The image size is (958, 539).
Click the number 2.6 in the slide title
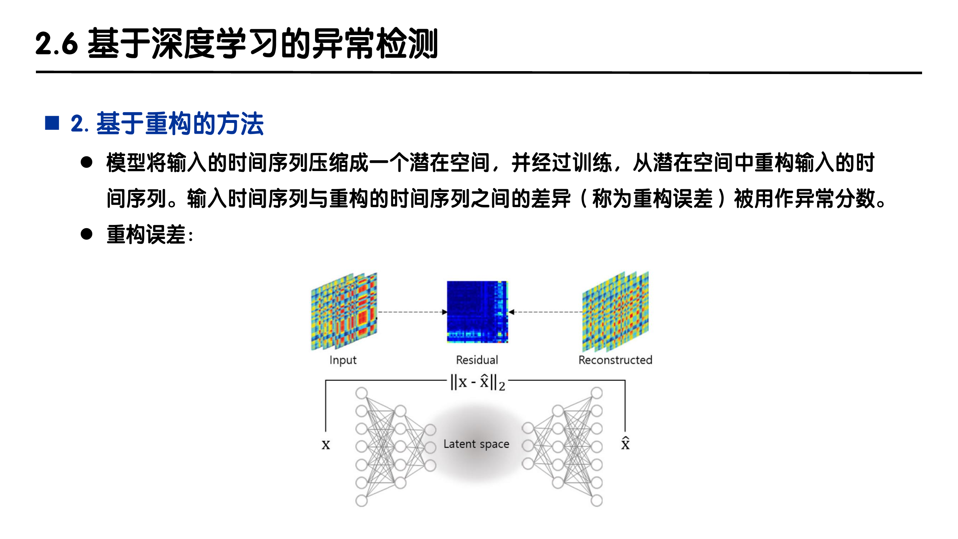(x=56, y=44)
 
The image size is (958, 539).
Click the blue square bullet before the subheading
(x=52, y=123)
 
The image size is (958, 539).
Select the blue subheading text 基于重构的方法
(x=180, y=124)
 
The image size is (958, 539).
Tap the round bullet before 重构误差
(x=87, y=234)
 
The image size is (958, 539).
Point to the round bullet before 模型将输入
(x=87, y=162)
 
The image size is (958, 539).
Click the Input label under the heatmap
(x=343, y=360)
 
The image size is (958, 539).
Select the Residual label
(x=477, y=360)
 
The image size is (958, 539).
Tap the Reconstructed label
(x=615, y=360)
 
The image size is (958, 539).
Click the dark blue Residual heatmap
(x=477, y=312)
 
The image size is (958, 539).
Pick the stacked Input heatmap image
(x=344, y=312)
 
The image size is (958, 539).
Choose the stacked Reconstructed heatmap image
(x=615, y=312)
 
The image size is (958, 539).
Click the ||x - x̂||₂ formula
(x=477, y=382)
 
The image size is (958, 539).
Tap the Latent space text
(x=476, y=444)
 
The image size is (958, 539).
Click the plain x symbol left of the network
(x=326, y=444)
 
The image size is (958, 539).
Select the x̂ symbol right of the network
(x=625, y=443)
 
